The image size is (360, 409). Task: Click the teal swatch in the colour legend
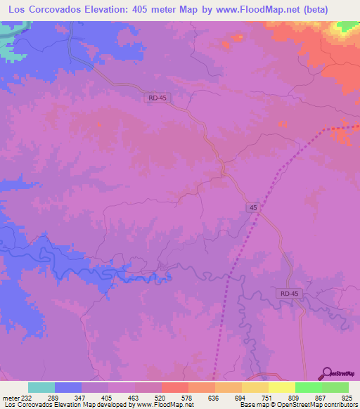pos(41,388)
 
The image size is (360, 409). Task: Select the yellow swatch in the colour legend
pos(281,388)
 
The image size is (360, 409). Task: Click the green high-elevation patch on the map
pos(346,26)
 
